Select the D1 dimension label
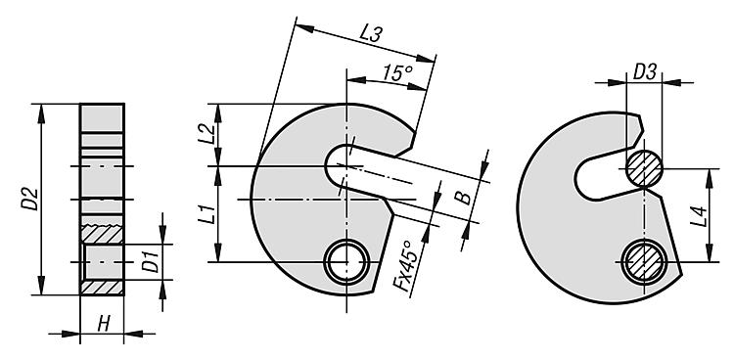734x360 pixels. [151, 262]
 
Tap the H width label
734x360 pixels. [104, 324]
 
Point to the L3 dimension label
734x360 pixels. [370, 33]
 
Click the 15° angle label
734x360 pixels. [397, 72]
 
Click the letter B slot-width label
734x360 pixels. [464, 197]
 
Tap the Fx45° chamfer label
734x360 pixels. [402, 266]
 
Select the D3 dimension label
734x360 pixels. [645, 72]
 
